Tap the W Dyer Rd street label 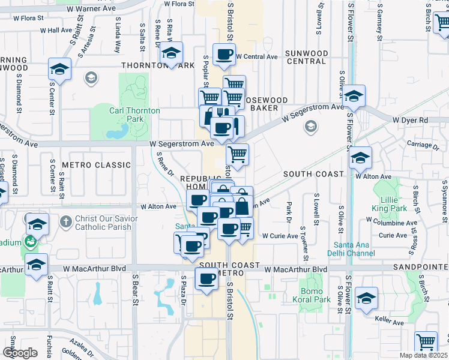click(410, 121)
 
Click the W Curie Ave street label click(280, 236)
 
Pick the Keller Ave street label click(390, 322)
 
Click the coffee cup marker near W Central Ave click(225, 55)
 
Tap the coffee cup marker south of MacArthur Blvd click(207, 280)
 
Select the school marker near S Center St click(60, 70)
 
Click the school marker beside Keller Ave click(366, 298)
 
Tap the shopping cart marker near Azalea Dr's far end click(426, 343)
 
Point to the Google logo click(20, 353)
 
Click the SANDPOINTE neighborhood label click(421, 265)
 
